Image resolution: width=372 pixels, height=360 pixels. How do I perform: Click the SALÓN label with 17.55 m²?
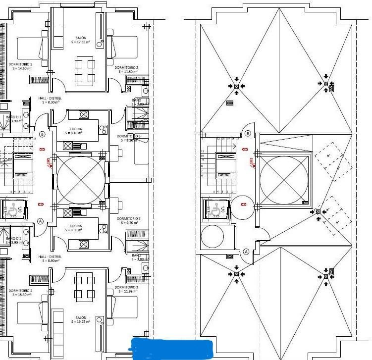coord(81,40)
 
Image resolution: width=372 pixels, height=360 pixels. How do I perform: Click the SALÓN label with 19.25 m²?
coord(81,320)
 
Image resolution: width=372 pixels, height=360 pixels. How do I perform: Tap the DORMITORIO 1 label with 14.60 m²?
coord(20,66)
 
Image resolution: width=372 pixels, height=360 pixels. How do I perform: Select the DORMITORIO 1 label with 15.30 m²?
coord(20,292)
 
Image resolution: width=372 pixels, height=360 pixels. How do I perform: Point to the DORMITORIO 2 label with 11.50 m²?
coord(126,69)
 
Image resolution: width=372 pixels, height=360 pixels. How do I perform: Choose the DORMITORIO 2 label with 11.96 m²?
coord(126,289)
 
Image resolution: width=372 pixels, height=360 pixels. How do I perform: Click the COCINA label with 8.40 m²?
coord(76,131)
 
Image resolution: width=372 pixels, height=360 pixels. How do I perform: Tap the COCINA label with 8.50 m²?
coord(76,228)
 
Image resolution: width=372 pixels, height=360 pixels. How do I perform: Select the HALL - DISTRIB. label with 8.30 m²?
coord(50,100)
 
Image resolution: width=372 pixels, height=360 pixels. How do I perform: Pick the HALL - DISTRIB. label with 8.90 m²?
coord(50,258)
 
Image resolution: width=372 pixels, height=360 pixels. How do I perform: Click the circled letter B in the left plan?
coord(42,134)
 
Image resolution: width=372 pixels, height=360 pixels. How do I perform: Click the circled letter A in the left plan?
coord(41,221)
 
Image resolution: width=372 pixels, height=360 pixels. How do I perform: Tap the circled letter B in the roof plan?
coord(248,133)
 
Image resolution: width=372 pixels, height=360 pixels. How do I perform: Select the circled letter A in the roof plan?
coord(246,252)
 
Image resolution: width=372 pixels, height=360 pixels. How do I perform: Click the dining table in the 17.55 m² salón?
coord(85,70)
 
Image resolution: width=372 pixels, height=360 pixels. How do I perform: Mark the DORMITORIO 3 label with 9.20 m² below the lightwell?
coord(129,220)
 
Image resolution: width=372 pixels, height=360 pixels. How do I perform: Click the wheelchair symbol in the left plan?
coord(12,208)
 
